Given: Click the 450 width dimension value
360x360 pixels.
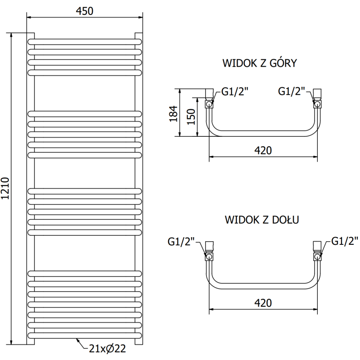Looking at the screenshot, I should click(x=85, y=11).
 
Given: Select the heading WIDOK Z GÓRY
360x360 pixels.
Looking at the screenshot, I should click(x=260, y=63).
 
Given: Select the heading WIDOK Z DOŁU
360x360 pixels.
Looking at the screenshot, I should click(x=263, y=220).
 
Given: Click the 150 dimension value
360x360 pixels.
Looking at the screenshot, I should click(x=191, y=117).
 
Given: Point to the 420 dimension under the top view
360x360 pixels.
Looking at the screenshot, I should click(x=263, y=150).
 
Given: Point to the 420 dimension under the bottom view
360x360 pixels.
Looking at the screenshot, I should click(x=263, y=302).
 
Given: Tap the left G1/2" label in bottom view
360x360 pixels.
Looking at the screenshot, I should click(x=181, y=242).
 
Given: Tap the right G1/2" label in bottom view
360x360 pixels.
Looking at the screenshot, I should click(x=345, y=241).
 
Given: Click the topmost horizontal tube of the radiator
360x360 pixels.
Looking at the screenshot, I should click(x=85, y=41).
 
